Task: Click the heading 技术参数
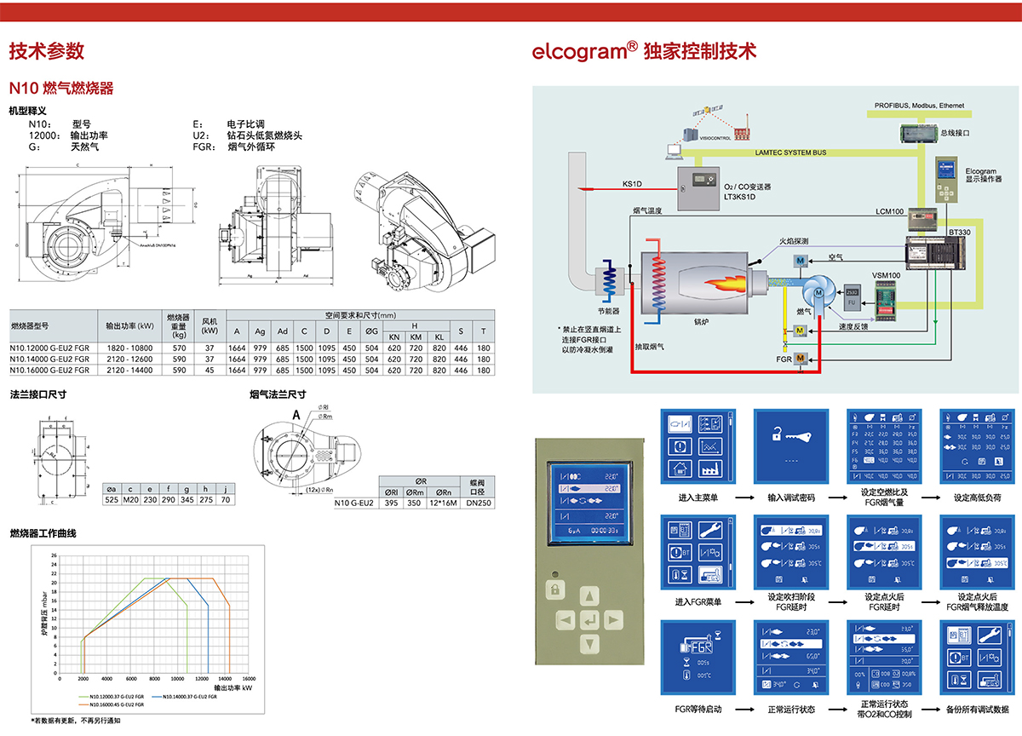click(x=47, y=50)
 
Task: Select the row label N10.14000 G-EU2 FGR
click(x=49, y=359)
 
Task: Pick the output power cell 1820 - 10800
click(x=129, y=348)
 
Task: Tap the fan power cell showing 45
click(x=209, y=370)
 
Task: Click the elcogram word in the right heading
click(x=579, y=51)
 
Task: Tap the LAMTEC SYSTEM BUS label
click(x=790, y=152)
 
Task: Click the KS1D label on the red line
click(x=632, y=183)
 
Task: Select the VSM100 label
click(x=886, y=275)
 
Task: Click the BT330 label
click(x=960, y=232)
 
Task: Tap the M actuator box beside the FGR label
click(x=801, y=359)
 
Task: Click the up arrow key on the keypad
click(x=588, y=595)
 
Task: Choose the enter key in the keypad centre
click(x=588, y=618)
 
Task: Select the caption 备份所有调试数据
click(x=977, y=709)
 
